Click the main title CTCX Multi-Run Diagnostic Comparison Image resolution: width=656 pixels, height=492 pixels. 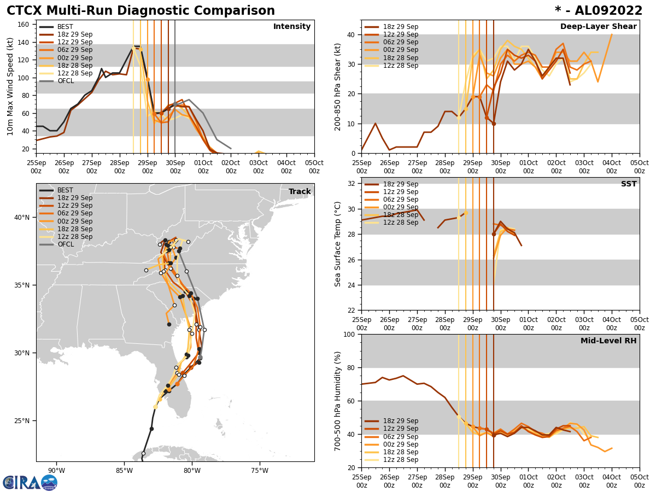click(x=140, y=11)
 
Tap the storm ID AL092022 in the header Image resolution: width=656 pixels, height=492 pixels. click(x=606, y=11)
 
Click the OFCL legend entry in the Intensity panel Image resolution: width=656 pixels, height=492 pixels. click(x=65, y=81)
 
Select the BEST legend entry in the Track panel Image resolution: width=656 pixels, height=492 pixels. click(x=65, y=190)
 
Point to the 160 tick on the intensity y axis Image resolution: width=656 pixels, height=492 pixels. click(x=25, y=25)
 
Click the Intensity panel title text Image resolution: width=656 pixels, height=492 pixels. click(x=291, y=27)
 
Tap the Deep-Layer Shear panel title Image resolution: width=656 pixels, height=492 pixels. click(x=598, y=27)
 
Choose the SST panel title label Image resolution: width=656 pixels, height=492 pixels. click(x=628, y=184)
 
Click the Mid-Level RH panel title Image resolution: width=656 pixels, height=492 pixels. click(x=608, y=341)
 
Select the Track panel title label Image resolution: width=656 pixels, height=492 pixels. click(x=300, y=192)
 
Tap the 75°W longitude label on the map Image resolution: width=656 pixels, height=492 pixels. click(x=260, y=471)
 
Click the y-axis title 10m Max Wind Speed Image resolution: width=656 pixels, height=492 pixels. click(x=10, y=86)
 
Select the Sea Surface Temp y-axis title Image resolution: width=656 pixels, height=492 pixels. click(x=338, y=244)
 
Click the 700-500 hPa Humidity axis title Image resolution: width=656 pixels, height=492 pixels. click(x=338, y=401)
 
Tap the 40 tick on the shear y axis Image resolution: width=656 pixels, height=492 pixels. click(x=350, y=34)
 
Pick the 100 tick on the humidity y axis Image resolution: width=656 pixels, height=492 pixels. click(x=348, y=334)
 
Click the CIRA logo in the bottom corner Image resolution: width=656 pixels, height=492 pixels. click(x=30, y=483)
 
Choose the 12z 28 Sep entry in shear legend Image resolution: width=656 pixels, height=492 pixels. click(x=401, y=66)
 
